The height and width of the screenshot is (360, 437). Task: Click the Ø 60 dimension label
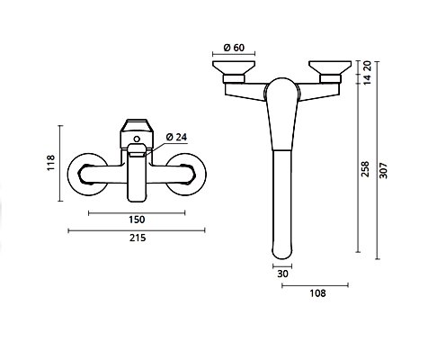tap(234, 48)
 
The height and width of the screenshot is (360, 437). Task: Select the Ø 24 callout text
tap(176, 137)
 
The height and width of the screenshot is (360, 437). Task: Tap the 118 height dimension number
tap(51, 163)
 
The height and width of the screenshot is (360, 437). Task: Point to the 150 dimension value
tap(137, 220)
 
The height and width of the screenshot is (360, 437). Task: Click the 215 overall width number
tap(138, 238)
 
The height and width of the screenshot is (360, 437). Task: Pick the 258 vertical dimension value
tap(365, 169)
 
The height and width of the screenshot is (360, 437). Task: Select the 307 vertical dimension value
tap(383, 171)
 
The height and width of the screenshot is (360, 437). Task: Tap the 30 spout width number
tap(282, 274)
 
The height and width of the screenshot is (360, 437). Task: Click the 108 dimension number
tap(317, 293)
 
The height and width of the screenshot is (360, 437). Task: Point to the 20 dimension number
tap(367, 66)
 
